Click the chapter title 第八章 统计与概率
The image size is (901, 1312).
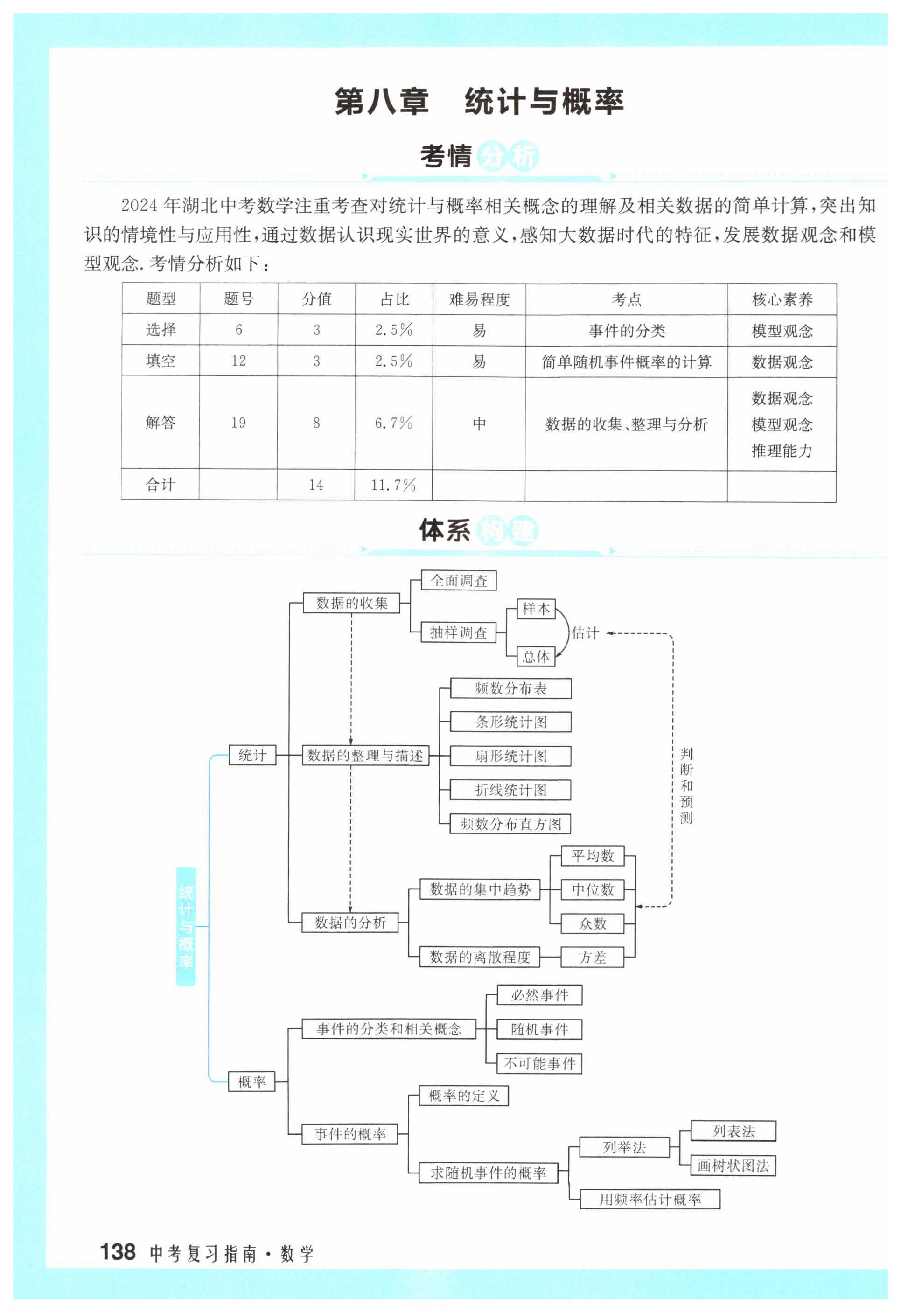[479, 102]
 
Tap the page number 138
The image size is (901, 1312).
[118, 1251]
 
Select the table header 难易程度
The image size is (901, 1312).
[479, 299]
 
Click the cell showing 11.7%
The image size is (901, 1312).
[393, 485]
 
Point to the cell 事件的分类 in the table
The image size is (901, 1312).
[627, 331]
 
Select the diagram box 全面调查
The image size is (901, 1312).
[459, 580]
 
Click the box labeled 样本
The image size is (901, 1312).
[536, 609]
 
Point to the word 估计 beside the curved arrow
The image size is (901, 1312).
[585, 633]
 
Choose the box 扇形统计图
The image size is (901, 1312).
[510, 756]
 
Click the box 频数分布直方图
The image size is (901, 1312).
[510, 824]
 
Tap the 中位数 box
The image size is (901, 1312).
[593, 890]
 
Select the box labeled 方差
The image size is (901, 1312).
[593, 957]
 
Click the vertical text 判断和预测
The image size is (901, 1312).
[686, 785]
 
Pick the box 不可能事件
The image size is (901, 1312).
[539, 1063]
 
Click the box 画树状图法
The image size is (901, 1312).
[733, 1166]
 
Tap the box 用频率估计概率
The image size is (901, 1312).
[650, 1199]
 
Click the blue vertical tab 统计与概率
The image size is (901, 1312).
[186, 926]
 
